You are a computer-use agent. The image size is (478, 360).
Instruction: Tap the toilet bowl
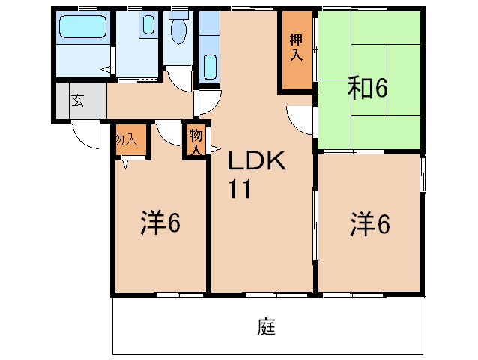tap(178, 30)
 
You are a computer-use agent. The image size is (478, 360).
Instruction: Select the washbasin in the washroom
tap(148, 27)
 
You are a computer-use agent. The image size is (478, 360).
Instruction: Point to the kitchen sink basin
tap(209, 67)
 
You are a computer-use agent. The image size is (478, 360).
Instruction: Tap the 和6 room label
tap(367, 89)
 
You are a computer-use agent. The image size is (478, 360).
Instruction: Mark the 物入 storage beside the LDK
tap(196, 141)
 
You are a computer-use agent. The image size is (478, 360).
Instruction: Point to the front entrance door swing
tap(85, 136)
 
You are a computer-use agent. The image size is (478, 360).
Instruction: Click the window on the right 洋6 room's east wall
tap(423, 173)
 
